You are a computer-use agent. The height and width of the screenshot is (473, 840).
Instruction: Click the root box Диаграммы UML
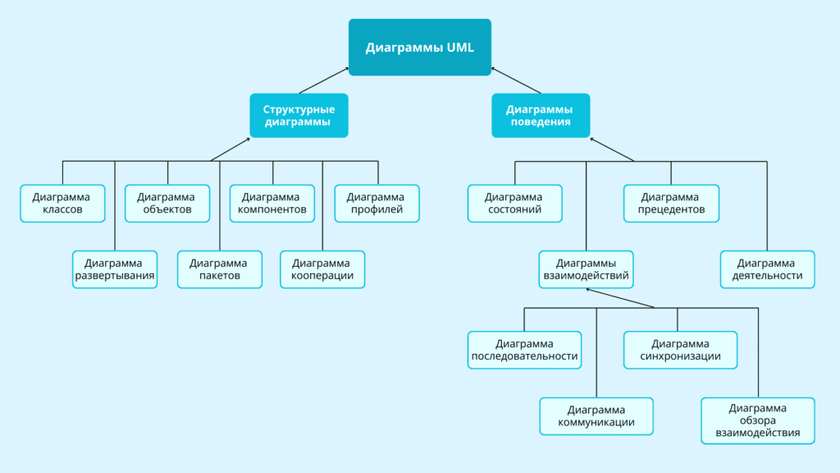(420, 48)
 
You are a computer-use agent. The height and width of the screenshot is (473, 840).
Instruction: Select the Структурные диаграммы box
(299, 115)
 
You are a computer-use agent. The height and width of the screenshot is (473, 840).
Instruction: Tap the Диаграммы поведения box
(541, 115)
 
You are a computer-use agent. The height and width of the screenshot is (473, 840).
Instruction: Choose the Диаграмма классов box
(63, 203)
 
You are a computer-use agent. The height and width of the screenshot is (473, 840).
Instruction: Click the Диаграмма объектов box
(167, 203)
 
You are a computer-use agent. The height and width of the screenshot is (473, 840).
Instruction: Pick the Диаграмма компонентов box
(272, 203)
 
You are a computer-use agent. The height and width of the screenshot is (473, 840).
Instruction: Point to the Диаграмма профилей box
(377, 203)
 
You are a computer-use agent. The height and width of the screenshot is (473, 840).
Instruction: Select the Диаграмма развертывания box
(115, 269)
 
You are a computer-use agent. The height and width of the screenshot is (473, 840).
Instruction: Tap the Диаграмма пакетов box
(219, 269)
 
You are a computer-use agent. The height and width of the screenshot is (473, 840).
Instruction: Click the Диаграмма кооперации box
(322, 269)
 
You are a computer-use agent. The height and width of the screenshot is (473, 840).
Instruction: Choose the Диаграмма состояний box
(515, 203)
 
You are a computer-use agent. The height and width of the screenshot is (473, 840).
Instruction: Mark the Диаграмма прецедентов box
(671, 203)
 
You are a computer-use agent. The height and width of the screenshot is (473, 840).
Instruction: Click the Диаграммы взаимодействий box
(586, 269)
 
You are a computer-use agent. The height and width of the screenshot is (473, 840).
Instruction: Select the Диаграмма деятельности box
(768, 269)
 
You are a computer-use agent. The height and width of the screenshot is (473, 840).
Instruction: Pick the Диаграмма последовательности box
(525, 350)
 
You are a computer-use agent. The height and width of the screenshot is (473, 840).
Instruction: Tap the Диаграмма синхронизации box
(680, 350)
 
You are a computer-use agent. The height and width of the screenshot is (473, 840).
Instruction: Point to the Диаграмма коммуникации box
(596, 416)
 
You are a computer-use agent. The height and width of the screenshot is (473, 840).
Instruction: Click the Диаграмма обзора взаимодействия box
(758, 420)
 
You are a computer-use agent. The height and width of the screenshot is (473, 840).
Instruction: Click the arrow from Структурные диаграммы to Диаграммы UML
(324, 80)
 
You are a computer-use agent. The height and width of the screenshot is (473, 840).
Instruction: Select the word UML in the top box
(459, 48)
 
